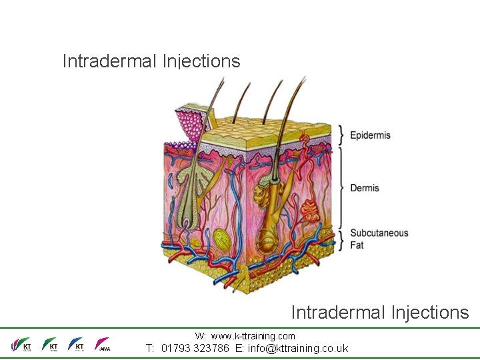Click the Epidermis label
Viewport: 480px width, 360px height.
(370, 135)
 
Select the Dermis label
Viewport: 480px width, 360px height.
(365, 188)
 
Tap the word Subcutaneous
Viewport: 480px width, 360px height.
(379, 233)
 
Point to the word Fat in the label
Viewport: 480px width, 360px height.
(357, 245)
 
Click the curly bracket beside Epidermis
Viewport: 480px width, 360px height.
(341, 135)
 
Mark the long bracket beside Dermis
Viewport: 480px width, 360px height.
(341, 188)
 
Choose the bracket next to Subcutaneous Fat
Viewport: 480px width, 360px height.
(341, 239)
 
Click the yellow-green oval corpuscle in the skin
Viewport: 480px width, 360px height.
(222, 238)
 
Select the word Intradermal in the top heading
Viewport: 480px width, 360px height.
(109, 61)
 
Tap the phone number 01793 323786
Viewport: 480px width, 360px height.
(196, 348)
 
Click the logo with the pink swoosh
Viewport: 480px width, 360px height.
(103, 345)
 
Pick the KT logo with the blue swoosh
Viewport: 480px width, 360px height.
(76, 345)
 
